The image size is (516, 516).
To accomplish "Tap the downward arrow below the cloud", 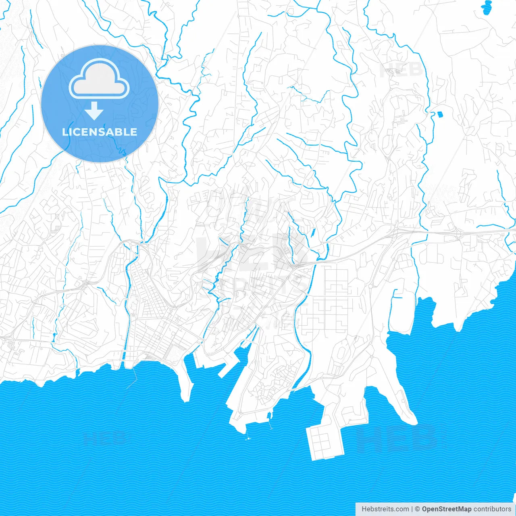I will pyautogui.click(x=94, y=110).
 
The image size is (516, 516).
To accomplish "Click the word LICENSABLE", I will pyautogui.click(x=100, y=132).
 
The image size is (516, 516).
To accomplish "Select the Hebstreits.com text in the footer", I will pyautogui.click(x=385, y=509).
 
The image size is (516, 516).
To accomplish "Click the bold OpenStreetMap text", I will pyautogui.click(x=447, y=509).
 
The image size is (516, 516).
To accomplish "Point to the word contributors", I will pyautogui.click(x=492, y=509).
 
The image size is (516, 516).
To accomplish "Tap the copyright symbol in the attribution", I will pyautogui.click(x=418, y=509).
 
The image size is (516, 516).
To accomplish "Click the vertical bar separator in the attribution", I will pyautogui.click(x=412, y=509).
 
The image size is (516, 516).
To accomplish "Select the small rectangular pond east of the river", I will pyautogui.click(x=439, y=114).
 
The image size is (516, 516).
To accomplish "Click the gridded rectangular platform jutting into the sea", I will pyautogui.click(x=325, y=442).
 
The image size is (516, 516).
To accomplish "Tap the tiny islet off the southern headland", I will pyautogui.click(x=249, y=438).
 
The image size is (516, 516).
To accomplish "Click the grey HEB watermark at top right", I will pyautogui.click(x=401, y=70).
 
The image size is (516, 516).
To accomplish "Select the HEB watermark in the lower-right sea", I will pyautogui.click(x=397, y=438).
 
